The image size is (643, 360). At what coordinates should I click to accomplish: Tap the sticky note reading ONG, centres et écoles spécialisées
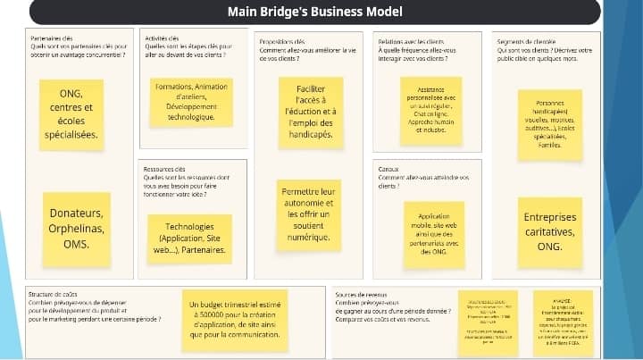coord(71,113)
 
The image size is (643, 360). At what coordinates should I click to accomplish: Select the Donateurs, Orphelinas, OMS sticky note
coord(77,229)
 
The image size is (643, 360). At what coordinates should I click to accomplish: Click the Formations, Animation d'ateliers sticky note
coord(191,102)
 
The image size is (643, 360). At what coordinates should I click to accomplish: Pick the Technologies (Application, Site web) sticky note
coord(190,239)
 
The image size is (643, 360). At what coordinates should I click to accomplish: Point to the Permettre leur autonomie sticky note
coord(308,214)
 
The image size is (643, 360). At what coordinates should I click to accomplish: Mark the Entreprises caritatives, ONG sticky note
coord(549,231)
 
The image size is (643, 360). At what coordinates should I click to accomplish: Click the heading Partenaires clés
coord(52,40)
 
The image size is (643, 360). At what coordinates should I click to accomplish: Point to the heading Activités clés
coord(162,40)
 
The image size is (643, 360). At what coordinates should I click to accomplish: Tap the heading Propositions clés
coord(282,41)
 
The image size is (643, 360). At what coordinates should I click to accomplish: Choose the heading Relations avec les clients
coord(411,41)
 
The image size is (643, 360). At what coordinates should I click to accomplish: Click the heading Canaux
coord(388,169)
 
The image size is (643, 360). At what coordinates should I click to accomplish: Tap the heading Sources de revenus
coord(361,294)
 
